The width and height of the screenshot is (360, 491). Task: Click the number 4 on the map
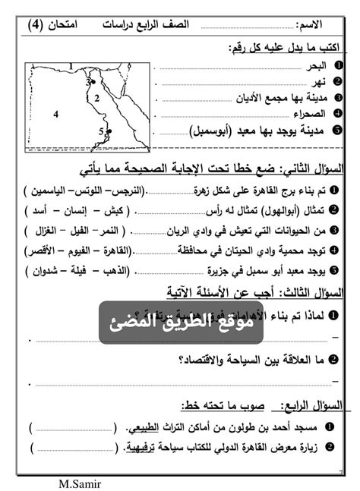point(56,114)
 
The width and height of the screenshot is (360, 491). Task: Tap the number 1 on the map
point(70,67)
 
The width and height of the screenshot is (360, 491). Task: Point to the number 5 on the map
point(101,131)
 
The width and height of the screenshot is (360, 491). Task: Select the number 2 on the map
point(97,98)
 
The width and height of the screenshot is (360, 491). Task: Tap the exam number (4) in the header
point(36,25)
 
